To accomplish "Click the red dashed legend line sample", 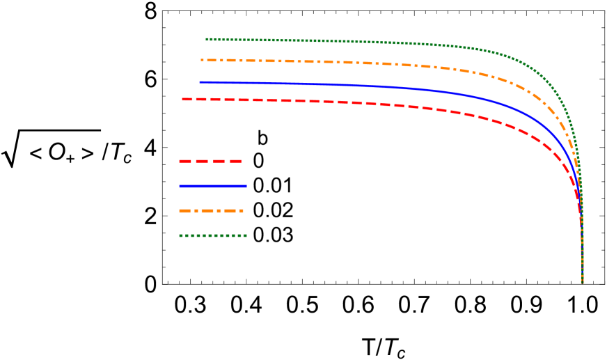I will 210,161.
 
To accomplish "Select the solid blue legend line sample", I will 212,186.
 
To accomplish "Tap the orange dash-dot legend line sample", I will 211,211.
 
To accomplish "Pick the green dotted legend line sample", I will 212,235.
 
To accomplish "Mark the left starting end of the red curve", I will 183,99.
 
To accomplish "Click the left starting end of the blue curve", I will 200,82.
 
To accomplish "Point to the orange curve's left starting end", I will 202,60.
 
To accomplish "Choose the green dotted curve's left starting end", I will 207,39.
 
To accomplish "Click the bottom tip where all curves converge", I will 582,282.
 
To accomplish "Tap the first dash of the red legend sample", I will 184,161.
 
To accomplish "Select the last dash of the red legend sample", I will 237,161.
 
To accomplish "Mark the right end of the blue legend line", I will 246,186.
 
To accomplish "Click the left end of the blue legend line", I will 180,186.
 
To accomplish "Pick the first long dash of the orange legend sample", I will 184,211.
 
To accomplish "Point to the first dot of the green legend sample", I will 180,235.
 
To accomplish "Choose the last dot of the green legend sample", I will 245,235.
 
